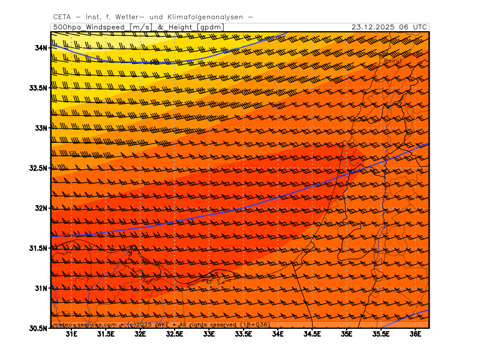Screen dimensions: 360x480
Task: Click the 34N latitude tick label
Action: (x=41, y=47)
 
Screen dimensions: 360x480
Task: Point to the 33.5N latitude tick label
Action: (x=38, y=88)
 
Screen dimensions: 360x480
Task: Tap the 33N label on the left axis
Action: (x=41, y=128)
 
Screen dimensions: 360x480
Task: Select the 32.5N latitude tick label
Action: (x=38, y=168)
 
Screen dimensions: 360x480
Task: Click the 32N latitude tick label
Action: (x=41, y=208)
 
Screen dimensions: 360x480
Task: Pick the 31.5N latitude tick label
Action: (x=38, y=248)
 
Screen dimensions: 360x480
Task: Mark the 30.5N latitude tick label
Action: (x=38, y=328)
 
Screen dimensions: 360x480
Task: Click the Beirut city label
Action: (x=394, y=61)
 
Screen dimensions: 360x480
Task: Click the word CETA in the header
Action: (x=62, y=17)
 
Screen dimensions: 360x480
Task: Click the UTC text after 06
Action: (x=421, y=27)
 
